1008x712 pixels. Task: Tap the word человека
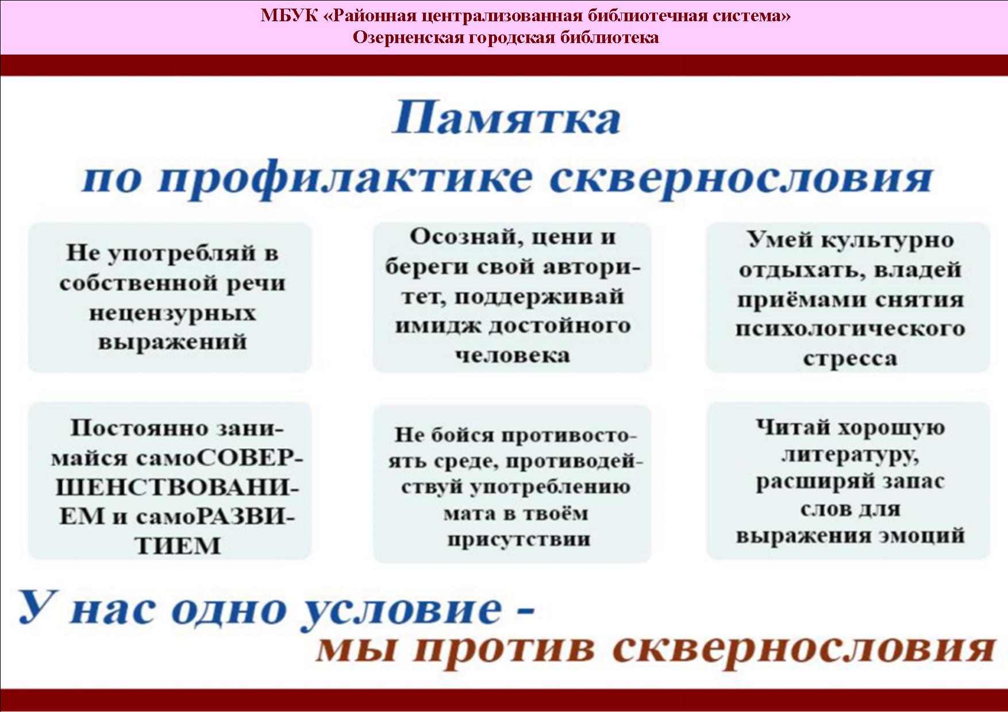pos(513,355)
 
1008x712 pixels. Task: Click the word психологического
pos(850,329)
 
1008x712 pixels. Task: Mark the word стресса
pos(850,359)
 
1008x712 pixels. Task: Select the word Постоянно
pos(138,428)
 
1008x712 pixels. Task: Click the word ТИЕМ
pos(178,546)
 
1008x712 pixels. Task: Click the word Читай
pos(791,428)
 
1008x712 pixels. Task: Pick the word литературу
pos(850,455)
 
